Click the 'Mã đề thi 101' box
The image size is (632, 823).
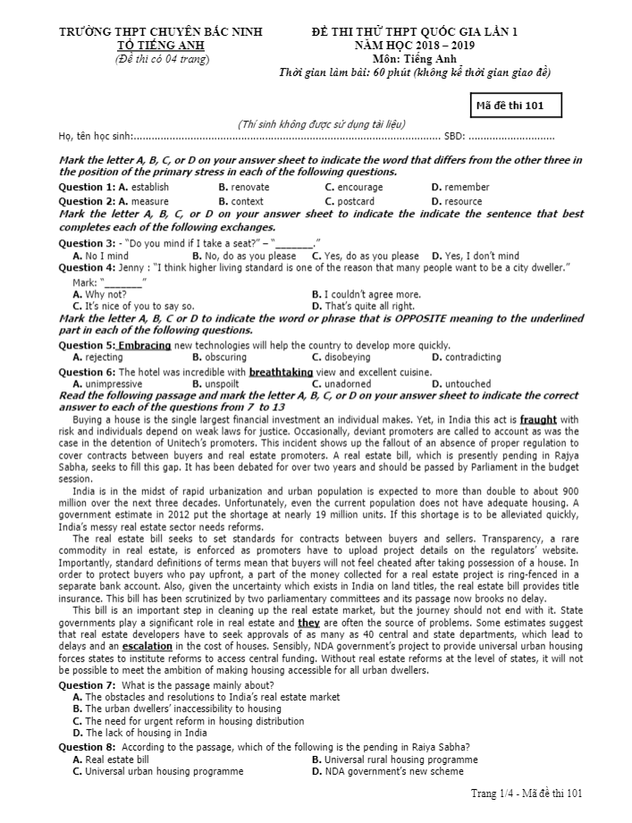click(518, 105)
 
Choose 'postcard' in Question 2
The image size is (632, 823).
click(356, 202)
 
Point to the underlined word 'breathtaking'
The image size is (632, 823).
click(281, 372)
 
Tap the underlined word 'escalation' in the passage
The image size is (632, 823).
click(147, 645)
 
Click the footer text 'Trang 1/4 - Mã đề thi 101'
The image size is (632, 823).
click(527, 793)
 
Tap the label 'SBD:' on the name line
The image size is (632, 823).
click(454, 137)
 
